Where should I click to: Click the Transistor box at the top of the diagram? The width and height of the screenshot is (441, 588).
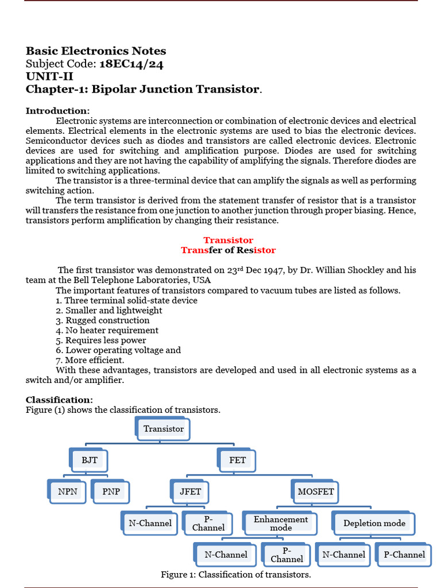pos(164,429)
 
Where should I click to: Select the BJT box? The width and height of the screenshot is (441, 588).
pos(90,460)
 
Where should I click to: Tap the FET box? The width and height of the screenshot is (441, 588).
pos(237,460)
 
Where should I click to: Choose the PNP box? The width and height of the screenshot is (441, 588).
pos(111,492)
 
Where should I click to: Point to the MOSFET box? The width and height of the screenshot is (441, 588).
pos(315,492)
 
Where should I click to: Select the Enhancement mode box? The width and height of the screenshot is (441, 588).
pos(281,523)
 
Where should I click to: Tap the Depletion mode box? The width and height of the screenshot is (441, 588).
pos(374,523)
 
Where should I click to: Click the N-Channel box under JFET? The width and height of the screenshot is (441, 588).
pos(150,523)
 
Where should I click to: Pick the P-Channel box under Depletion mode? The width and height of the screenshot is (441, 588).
pos(404,555)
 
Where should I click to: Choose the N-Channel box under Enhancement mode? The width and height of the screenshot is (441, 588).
pos(226,555)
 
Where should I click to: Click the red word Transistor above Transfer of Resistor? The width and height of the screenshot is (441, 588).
pos(228,240)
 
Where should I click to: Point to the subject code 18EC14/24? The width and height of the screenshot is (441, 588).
pos(131,64)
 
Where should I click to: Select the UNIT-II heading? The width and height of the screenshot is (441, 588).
pos(49,76)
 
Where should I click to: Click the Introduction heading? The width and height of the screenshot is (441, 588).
pos(57,110)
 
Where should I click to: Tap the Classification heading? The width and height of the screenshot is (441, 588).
pos(59,400)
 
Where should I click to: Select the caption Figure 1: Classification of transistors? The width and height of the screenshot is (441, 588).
pos(235,575)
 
